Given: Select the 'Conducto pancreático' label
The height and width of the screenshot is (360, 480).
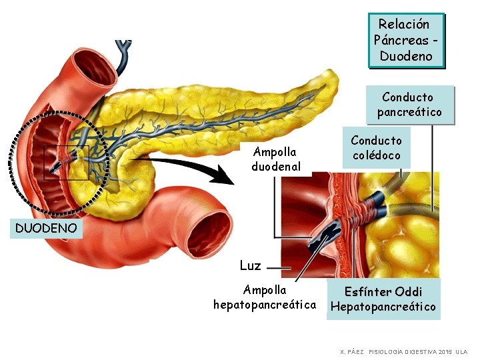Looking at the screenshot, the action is [x=409, y=105].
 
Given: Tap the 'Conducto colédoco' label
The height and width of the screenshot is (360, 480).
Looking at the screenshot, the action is [x=376, y=148].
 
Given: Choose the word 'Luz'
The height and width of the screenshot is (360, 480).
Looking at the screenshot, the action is [x=250, y=265].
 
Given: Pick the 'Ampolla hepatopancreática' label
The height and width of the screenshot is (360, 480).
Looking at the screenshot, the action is [x=265, y=297].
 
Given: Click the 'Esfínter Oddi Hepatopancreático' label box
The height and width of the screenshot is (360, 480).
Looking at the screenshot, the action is [x=383, y=299].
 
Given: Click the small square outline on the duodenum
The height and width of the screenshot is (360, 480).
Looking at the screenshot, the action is [x=66, y=163].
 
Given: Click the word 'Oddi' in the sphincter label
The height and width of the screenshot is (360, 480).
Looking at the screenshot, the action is [x=408, y=292].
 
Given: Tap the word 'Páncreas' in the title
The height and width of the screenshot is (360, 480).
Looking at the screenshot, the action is [x=400, y=40].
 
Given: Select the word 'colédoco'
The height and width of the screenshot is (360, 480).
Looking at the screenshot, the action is [x=376, y=155].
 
